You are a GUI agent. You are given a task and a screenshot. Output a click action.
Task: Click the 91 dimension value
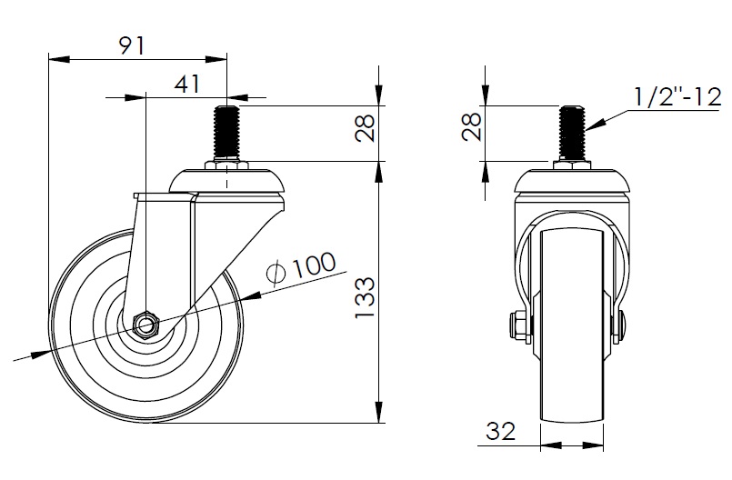coord(133,46)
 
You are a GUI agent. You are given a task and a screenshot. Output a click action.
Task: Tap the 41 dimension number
coord(186,85)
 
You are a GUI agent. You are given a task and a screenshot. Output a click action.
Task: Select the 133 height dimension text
coord(365,297)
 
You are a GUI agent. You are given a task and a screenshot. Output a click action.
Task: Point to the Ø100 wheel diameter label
coord(300,268)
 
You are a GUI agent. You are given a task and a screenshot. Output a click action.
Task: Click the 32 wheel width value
coord(500,431)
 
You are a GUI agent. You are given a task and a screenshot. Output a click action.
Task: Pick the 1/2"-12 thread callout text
coord(677,97)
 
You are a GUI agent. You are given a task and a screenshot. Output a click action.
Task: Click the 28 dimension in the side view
coord(365,128)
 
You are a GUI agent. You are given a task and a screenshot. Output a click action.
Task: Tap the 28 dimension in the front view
coord(472,126)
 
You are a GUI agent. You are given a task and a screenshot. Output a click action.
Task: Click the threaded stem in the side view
coord(227,134)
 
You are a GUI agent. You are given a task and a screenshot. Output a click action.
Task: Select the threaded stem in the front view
coord(572,134)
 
